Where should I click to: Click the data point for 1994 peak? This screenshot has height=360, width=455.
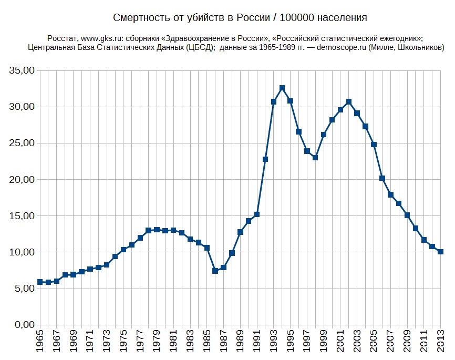[282, 88]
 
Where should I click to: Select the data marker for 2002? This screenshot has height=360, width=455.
[349, 102]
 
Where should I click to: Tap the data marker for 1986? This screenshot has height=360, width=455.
[215, 271]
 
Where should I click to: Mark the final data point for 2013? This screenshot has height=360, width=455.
[441, 252]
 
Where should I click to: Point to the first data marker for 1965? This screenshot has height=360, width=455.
[40, 282]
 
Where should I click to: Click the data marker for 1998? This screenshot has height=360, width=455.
[315, 158]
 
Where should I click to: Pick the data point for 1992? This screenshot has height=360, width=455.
[265, 159]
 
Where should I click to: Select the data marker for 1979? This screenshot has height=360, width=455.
[157, 230]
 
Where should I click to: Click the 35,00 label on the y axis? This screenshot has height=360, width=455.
[23, 70]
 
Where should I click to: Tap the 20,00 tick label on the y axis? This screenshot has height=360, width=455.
[23, 180]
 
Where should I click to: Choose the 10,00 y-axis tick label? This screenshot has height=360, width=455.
[23, 252]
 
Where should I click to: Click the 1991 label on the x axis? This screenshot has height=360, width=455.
[257, 342]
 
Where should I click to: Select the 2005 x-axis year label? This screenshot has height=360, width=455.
[374, 342]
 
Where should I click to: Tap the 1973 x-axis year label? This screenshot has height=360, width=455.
[107, 342]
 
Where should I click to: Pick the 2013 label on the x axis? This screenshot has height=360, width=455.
[441, 342]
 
